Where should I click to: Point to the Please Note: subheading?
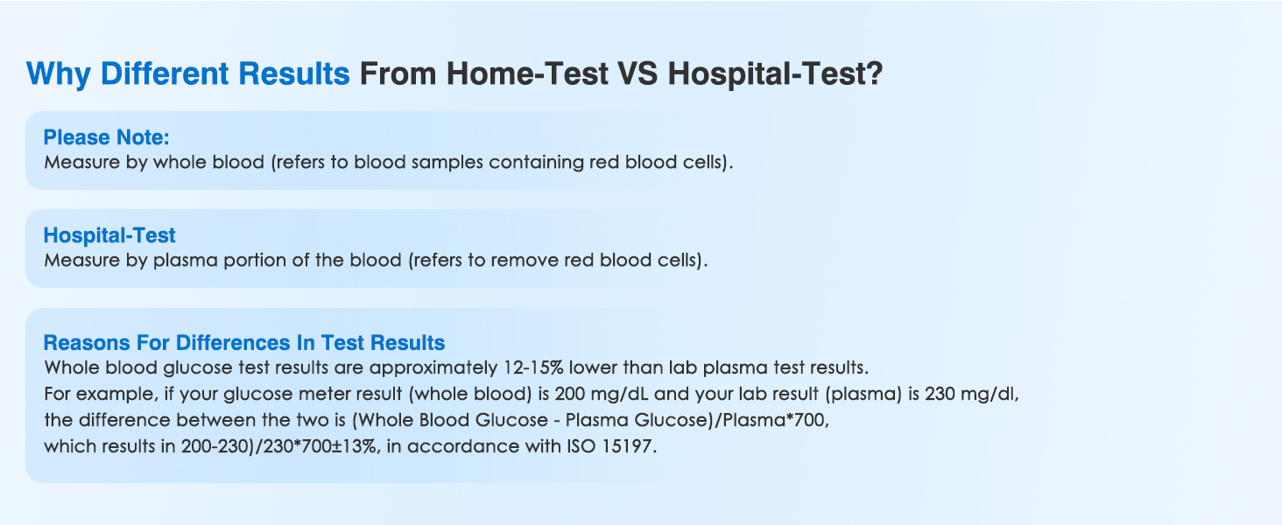(106, 138)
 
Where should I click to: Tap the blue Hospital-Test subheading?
(109, 235)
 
